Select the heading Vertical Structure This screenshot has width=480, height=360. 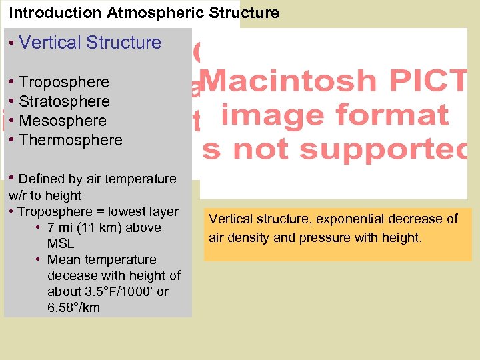[90, 43]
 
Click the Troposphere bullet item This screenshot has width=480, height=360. [64, 82]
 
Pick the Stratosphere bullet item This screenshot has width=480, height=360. [65, 101]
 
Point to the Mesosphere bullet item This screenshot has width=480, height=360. [63, 121]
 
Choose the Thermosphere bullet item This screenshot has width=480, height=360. [71, 140]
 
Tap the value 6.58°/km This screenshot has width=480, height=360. [73, 307]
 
